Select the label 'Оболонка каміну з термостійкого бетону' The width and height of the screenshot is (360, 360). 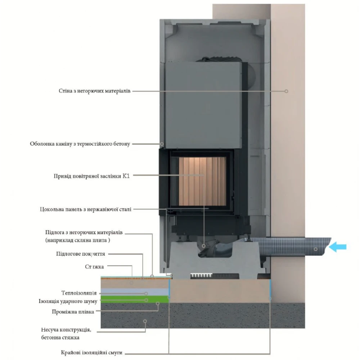[x=80, y=144]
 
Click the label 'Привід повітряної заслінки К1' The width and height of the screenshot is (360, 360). [x=91, y=176]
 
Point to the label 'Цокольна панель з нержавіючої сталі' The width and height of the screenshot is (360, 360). [x=86, y=209]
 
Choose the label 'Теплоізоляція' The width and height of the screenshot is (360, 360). [x=79, y=293]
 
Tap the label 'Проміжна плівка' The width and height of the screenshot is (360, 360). [x=73, y=312]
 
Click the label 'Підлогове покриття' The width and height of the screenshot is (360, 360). [x=81, y=254]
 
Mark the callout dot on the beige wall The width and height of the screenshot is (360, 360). [x=286, y=91]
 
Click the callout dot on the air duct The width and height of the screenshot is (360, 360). [x=315, y=249]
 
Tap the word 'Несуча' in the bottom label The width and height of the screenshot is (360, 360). [x=50, y=330]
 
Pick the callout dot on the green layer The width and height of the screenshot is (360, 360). [x=147, y=300]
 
